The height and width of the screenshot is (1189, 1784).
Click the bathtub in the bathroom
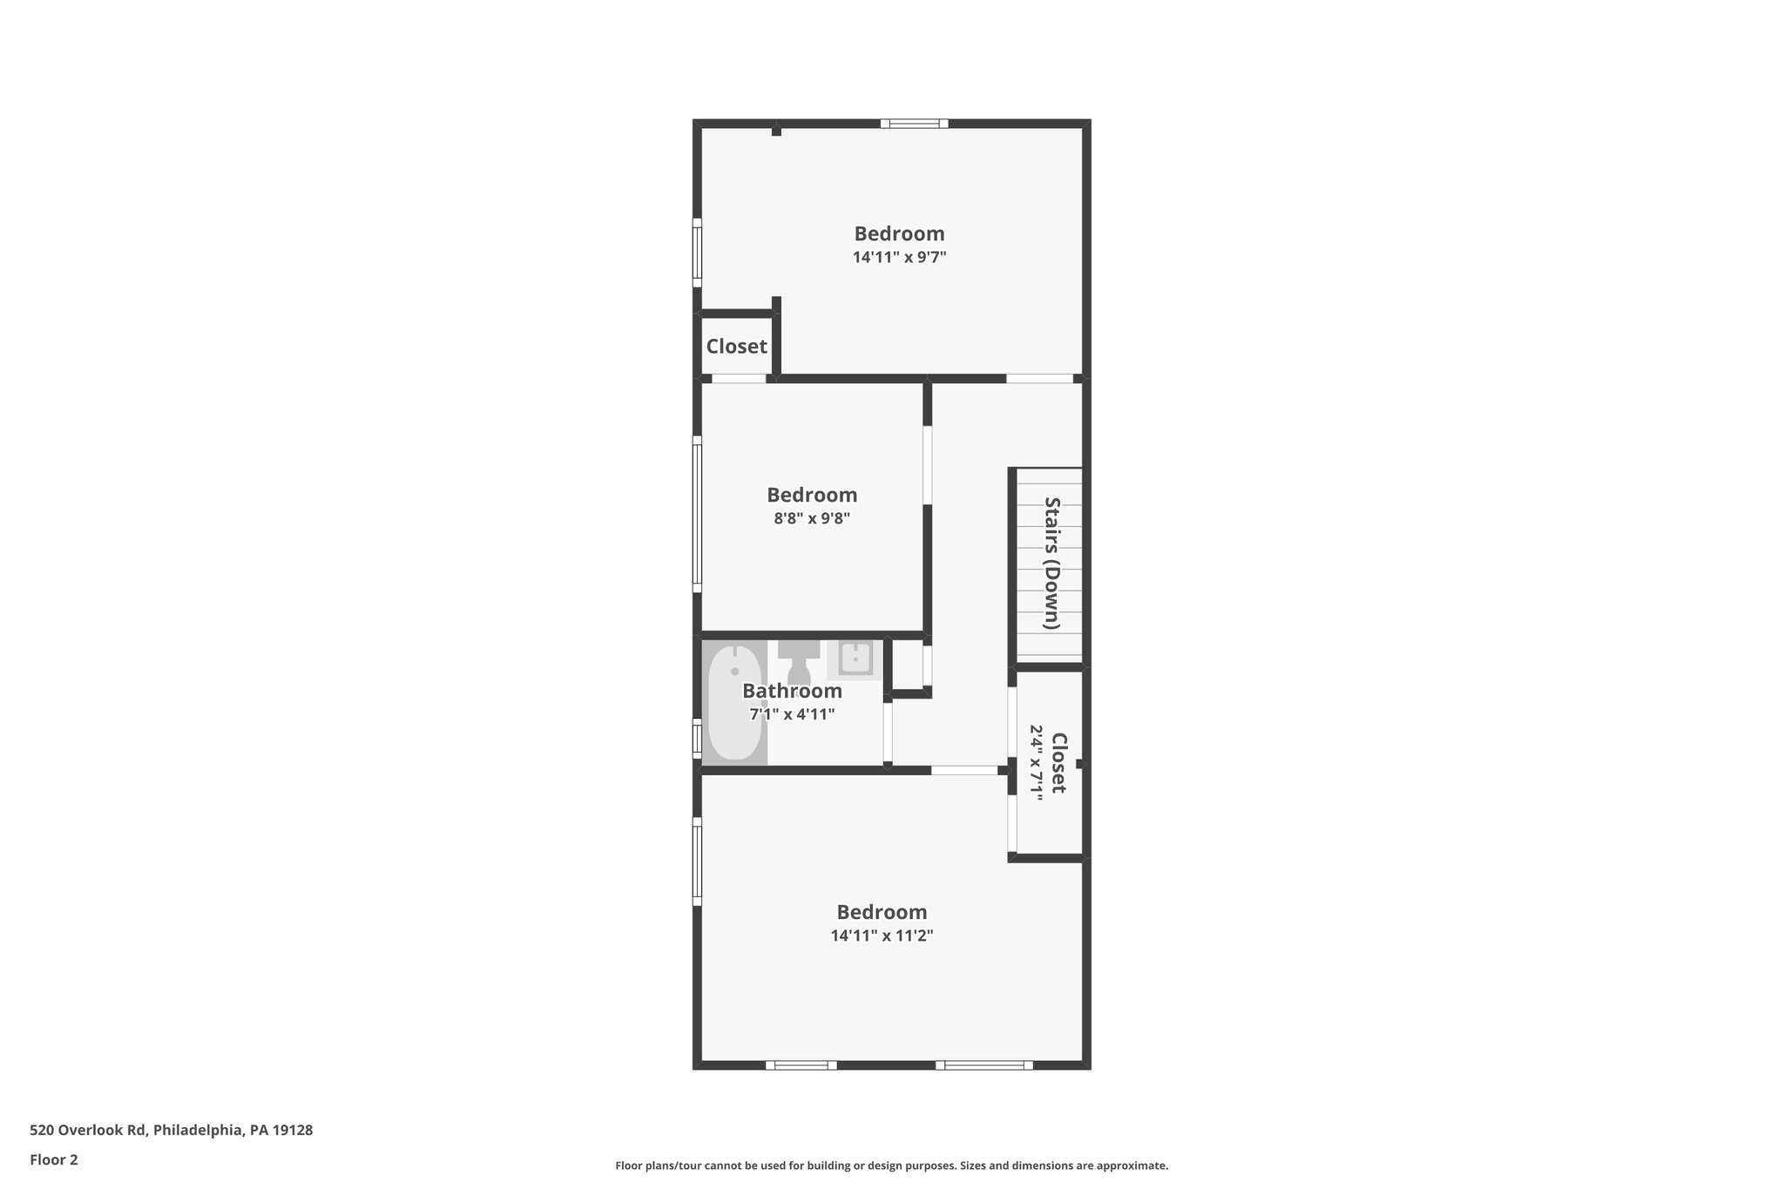[x=733, y=703]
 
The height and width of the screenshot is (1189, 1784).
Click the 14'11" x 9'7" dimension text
[x=899, y=258]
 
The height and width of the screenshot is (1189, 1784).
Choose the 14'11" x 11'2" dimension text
[x=882, y=936]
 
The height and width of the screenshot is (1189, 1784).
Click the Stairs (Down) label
[x=1052, y=563]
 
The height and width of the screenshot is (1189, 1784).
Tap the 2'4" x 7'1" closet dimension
[x=1037, y=763]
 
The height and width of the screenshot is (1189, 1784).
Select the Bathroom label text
[x=792, y=692]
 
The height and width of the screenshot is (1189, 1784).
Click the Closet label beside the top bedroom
[x=736, y=347]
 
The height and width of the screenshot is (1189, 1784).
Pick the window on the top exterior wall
[x=914, y=124]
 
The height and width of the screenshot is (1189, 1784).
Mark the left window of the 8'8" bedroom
[x=697, y=514]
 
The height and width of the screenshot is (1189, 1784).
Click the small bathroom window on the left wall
[x=697, y=737]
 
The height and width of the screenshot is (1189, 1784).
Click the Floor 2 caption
[x=54, y=1160]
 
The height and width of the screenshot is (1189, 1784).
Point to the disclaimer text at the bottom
[x=891, y=1166]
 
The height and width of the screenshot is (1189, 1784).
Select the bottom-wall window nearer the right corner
[x=984, y=1064]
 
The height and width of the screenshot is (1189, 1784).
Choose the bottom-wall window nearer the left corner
[x=801, y=1064]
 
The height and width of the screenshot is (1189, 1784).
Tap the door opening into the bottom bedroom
[x=964, y=770]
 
